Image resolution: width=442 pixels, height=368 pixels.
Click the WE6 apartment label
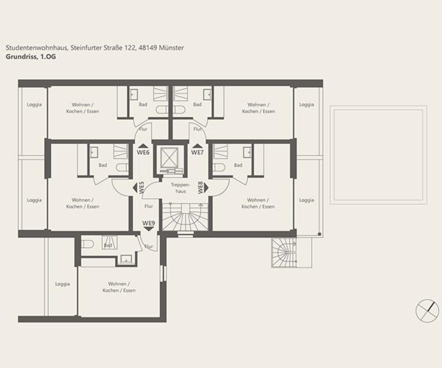click(x=143, y=152)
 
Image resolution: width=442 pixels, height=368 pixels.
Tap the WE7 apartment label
click(x=197, y=152)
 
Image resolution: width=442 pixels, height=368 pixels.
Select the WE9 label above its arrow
click(x=149, y=223)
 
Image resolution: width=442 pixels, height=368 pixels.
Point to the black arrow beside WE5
click(x=135, y=188)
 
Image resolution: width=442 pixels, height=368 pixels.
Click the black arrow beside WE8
click(x=206, y=188)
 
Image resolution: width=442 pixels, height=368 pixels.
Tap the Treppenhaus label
click(x=181, y=188)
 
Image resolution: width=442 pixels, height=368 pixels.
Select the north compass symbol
click(x=427, y=311)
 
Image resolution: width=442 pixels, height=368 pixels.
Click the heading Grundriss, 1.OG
click(x=31, y=57)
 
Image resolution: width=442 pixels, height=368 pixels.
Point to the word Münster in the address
click(x=171, y=48)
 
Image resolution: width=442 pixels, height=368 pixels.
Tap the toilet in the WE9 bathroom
click(x=88, y=244)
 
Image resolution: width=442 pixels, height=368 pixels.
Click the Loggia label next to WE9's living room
click(x=62, y=284)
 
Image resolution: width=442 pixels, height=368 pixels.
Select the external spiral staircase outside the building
click(x=284, y=253)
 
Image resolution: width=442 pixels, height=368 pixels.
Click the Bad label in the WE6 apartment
click(x=143, y=104)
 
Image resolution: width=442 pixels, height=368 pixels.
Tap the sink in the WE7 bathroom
click(x=207, y=94)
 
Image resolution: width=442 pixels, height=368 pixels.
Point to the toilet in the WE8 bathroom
click(x=219, y=168)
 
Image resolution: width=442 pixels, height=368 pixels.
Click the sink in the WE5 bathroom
click(x=94, y=152)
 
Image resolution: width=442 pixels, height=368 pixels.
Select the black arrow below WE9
click(x=149, y=229)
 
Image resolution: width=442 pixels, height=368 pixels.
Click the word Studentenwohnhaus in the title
click(x=37, y=48)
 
